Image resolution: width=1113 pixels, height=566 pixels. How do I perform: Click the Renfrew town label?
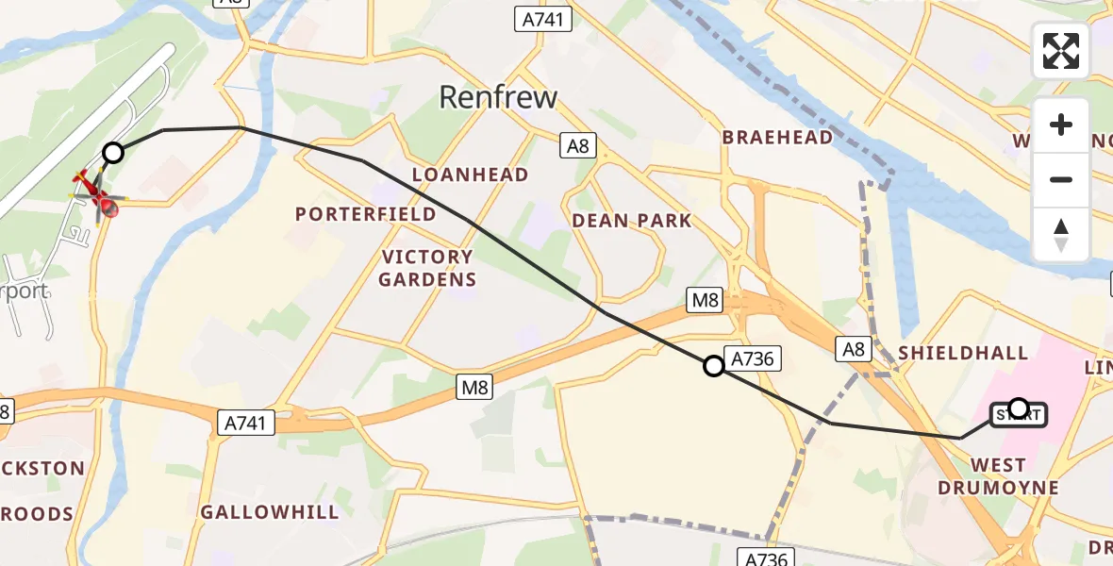tap(499, 97)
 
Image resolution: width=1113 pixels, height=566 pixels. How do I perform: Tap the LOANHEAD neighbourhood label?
tap(470, 175)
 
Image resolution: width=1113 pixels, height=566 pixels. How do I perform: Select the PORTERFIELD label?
tap(366, 214)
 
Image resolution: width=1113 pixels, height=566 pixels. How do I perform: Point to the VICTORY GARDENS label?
tap(427, 268)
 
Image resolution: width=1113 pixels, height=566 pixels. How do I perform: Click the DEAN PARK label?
tap(632, 221)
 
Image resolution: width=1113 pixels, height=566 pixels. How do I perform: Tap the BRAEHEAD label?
tap(778, 137)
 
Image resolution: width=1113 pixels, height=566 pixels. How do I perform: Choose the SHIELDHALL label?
tap(963, 353)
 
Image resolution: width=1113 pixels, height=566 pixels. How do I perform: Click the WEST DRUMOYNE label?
tap(998, 476)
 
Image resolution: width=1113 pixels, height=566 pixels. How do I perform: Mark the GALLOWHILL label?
tap(270, 512)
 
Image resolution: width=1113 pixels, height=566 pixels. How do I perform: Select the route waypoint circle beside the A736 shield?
tap(714, 366)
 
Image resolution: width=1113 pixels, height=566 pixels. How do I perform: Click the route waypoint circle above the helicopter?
tap(113, 152)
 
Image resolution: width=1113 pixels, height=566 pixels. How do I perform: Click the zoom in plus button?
tap(1061, 125)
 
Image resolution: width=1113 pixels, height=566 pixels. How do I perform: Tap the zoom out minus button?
tap(1061, 179)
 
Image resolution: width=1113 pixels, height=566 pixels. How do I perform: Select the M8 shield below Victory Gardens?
tap(473, 387)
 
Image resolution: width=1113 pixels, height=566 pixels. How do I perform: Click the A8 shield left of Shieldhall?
tap(853, 350)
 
